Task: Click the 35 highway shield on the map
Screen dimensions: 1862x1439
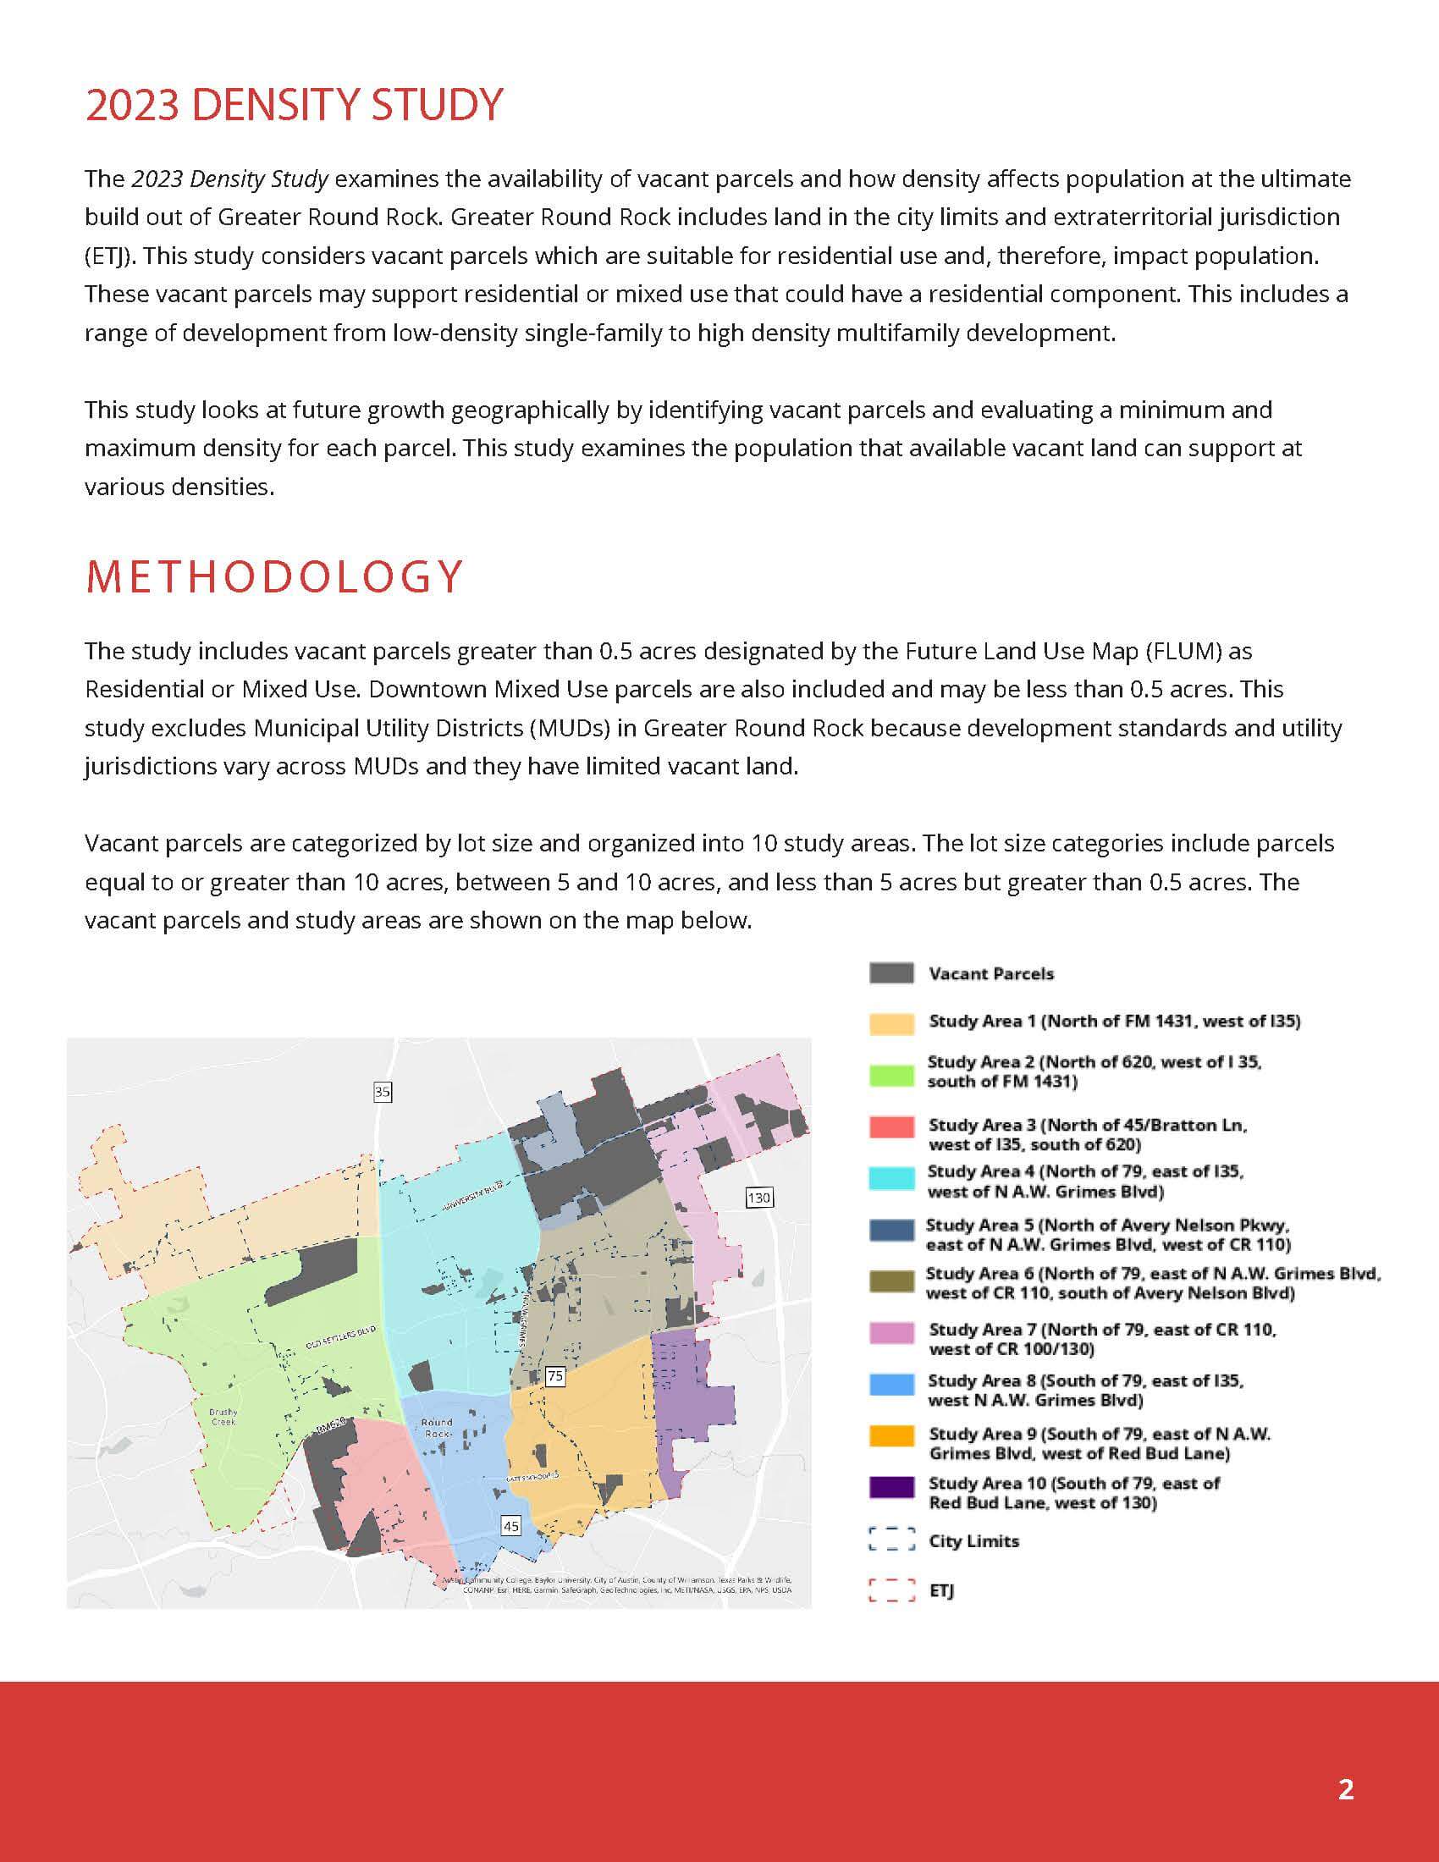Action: coord(382,1091)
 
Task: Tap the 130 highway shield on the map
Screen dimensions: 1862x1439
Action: coord(758,1197)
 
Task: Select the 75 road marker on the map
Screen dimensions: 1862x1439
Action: coord(555,1375)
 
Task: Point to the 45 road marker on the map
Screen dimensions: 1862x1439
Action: coord(510,1526)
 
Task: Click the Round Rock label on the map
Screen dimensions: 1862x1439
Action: coord(437,1427)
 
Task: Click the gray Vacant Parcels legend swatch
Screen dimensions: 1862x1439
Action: coord(890,972)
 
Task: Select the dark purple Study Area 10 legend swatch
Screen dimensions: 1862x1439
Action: coord(890,1487)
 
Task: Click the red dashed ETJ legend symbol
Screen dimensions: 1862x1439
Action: coord(890,1590)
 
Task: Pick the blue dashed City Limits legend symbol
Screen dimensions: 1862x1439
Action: coord(890,1540)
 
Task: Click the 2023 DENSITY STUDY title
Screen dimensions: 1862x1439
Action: coord(294,105)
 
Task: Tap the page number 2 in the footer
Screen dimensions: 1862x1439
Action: coord(1345,1788)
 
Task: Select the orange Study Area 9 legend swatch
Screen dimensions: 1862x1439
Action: coord(890,1435)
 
